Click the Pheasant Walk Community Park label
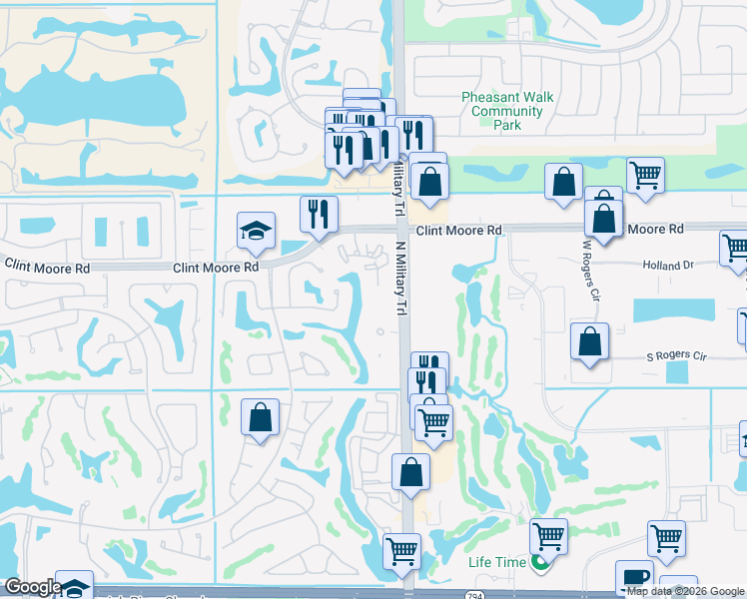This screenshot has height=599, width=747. click(x=507, y=111)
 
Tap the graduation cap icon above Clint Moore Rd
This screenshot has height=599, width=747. click(x=256, y=232)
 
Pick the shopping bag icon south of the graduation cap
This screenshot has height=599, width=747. click(x=260, y=417)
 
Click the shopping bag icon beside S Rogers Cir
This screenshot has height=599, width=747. click(x=590, y=340)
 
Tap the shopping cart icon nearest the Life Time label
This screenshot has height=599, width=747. click(x=548, y=536)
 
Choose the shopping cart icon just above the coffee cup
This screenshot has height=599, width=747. click(x=666, y=537)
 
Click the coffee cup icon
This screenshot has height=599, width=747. click(x=635, y=579)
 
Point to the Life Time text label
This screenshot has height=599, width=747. click(x=496, y=562)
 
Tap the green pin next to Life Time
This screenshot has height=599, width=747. click(x=540, y=563)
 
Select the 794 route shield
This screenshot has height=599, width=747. click(x=468, y=595)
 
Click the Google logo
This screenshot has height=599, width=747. click(x=32, y=587)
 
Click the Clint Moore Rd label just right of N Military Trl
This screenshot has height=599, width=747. click(x=458, y=231)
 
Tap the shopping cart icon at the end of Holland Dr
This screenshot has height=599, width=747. click(x=736, y=248)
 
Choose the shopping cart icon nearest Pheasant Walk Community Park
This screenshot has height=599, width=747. click(x=645, y=175)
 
